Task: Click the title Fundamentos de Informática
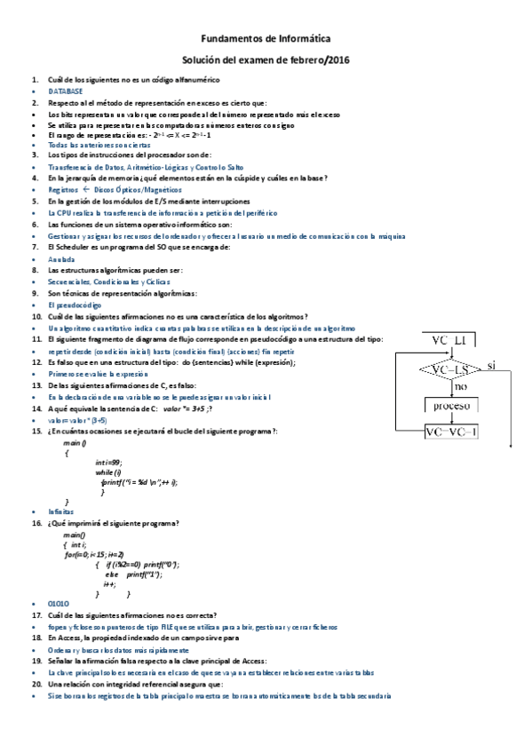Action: (x=266, y=39)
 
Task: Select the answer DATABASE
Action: (x=66, y=91)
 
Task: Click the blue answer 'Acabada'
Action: (x=61, y=258)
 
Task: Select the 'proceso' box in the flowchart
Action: (x=451, y=406)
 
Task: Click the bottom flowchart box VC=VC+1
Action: (x=451, y=432)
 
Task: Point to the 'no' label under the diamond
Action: (x=460, y=387)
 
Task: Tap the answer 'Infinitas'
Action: (x=61, y=512)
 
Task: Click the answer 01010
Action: (x=60, y=604)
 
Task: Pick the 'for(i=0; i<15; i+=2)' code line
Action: (x=99, y=554)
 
